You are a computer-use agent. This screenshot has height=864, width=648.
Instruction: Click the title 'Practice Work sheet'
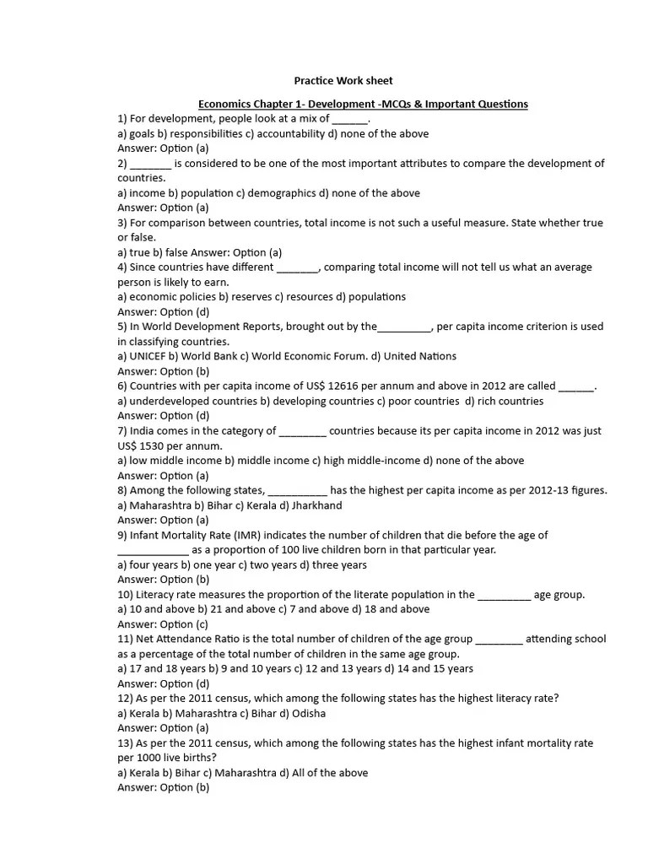[343, 81]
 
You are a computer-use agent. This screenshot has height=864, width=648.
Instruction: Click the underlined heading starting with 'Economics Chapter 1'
[363, 104]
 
